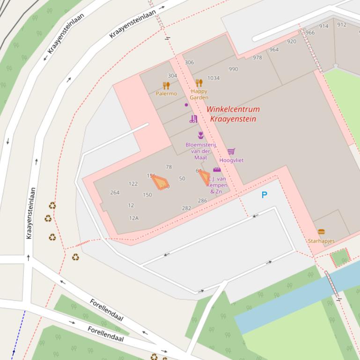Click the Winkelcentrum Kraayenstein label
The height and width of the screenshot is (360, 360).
pos(233,114)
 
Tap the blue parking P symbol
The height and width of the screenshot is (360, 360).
pos(264,195)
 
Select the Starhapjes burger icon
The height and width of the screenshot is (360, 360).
pos(321,232)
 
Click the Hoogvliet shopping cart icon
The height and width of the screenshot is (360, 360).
pos(231,151)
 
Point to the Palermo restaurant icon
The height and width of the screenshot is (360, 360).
pos(166,86)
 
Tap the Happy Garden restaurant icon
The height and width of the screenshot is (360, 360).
pos(199,83)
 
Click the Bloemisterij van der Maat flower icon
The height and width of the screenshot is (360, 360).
pos(201,135)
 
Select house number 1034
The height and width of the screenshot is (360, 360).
pos(213,78)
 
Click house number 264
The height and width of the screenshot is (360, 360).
pos(115,193)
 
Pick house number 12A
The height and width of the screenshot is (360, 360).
pos(134,218)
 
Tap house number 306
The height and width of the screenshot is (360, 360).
pos(189,62)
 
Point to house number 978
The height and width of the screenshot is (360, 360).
pos(257,58)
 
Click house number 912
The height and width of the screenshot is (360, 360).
pos(342,25)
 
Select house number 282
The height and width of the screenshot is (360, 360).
pos(186,209)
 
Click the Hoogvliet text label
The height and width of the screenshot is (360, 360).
pos(231,160)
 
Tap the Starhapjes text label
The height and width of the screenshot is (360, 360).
pos(321,241)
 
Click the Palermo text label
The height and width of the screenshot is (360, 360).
pos(166,94)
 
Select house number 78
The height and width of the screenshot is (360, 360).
pos(169,167)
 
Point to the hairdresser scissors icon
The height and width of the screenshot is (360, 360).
pos(193,119)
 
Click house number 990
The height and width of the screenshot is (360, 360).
pos(233,69)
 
